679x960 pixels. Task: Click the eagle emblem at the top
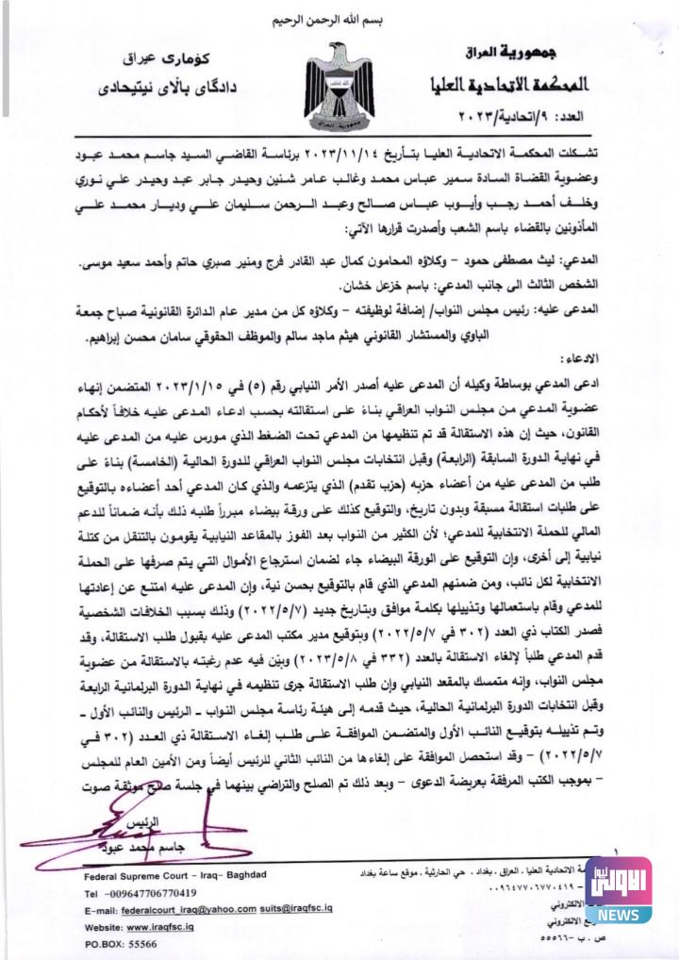tap(339, 88)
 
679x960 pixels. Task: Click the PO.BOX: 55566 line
tap(121, 944)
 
